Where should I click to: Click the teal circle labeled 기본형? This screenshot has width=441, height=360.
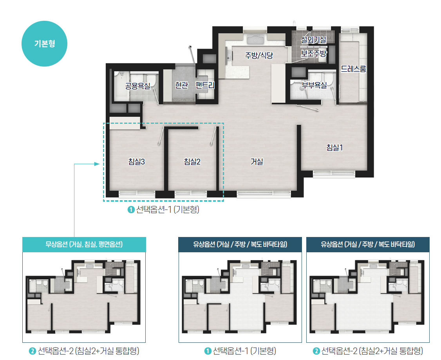44,43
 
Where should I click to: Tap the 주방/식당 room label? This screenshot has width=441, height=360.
259,55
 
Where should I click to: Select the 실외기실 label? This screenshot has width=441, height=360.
314,40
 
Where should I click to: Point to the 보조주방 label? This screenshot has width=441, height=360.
314,53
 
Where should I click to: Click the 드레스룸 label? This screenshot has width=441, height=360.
354,69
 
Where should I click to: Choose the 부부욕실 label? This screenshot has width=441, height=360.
314,85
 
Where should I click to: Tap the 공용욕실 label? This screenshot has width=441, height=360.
138,86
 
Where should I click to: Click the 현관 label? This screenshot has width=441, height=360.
181,85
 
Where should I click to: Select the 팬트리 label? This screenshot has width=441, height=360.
205,85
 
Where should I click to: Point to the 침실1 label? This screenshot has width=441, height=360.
335,147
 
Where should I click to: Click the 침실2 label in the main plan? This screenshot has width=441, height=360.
192,161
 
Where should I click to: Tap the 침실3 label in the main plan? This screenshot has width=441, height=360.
136,161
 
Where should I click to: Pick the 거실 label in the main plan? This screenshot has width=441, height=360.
257,161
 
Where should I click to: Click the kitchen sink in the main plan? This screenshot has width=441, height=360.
255,40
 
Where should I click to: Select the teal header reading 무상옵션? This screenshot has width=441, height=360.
84,244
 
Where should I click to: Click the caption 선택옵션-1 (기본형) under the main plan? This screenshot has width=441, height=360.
163,210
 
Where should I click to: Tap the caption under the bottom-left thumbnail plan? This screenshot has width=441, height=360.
84,351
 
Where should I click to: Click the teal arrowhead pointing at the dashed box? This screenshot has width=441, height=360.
97,164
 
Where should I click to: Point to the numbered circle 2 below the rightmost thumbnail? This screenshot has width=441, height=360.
316,351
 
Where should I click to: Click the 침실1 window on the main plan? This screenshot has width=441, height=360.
334,174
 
